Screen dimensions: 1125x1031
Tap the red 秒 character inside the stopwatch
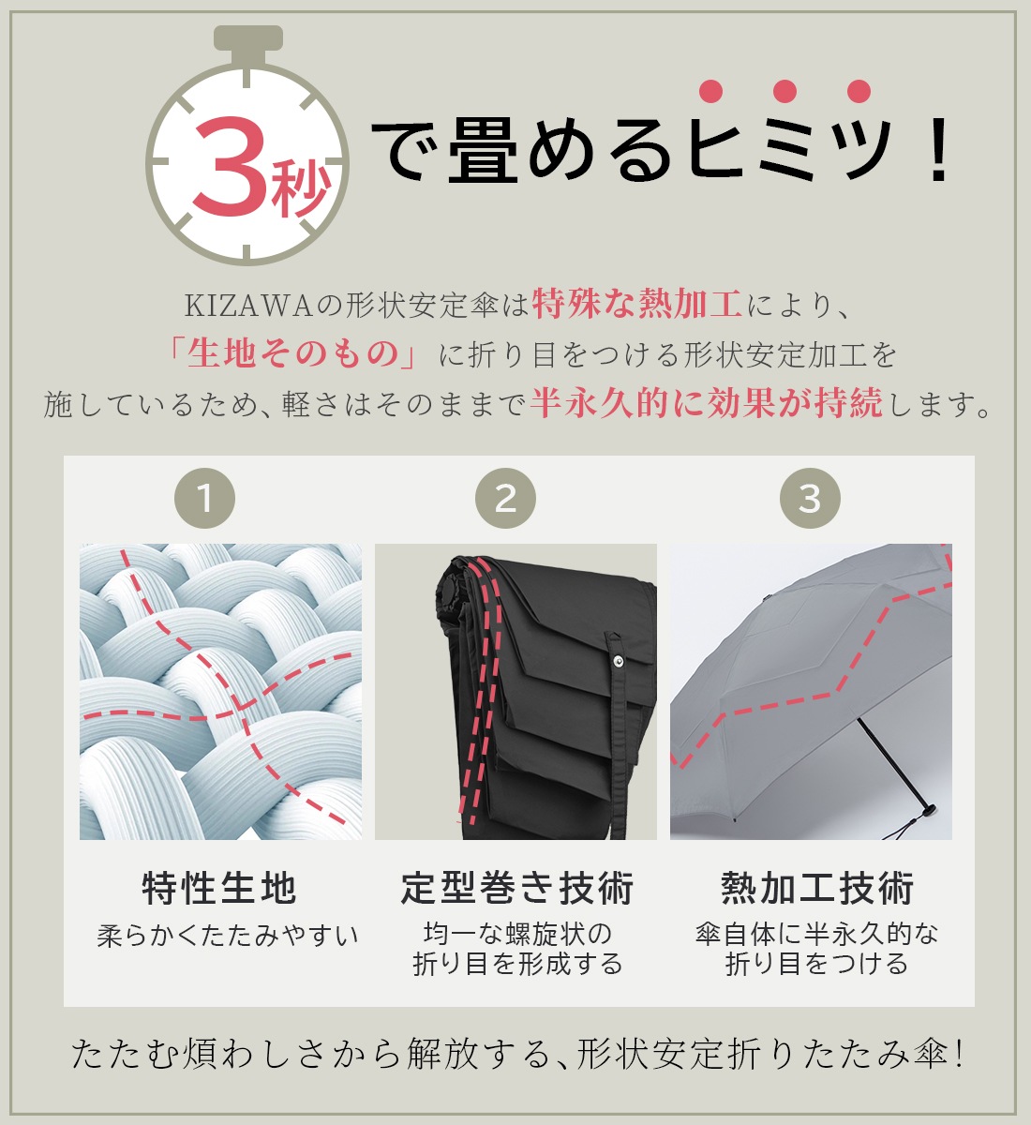[298, 188]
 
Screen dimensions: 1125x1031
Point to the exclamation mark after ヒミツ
[934, 151]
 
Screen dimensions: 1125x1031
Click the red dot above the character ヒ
[711, 91]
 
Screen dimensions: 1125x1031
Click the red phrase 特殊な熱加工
[637, 305]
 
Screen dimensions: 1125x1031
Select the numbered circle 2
[505, 498]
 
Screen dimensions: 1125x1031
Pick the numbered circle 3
[810, 498]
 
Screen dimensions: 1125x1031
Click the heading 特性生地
[219, 888]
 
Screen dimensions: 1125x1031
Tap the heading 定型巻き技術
[517, 888]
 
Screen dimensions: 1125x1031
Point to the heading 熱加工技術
[817, 888]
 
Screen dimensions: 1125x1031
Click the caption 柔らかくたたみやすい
[228, 936]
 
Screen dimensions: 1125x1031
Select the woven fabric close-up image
[220, 691]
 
